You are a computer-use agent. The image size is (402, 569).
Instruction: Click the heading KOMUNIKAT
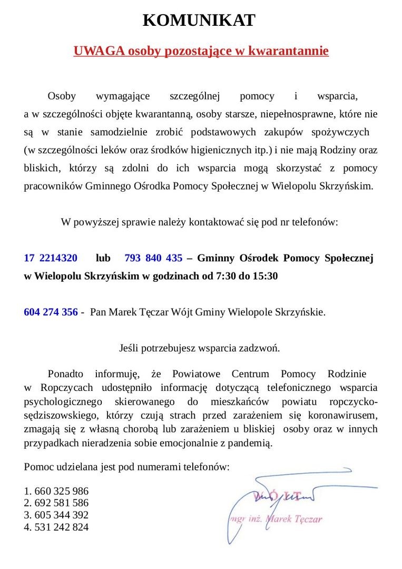pos(199,21)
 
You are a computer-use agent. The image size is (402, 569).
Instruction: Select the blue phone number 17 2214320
pos(51,258)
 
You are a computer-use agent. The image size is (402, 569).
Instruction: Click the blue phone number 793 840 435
pos(153,258)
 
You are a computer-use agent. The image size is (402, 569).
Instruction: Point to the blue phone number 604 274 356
pos(51,312)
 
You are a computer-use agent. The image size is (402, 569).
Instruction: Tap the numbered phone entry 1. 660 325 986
pos(56,492)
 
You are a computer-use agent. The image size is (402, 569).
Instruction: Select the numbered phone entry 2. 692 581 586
pos(56,503)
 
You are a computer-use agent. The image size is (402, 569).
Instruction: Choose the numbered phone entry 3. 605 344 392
pos(56,515)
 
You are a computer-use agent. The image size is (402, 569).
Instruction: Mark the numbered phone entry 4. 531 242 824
pos(56,527)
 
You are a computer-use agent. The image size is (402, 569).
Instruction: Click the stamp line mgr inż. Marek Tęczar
pos(274,519)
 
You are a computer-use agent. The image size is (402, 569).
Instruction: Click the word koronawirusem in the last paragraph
pos(346,416)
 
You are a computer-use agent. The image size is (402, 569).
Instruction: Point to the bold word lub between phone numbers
pos(103,258)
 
